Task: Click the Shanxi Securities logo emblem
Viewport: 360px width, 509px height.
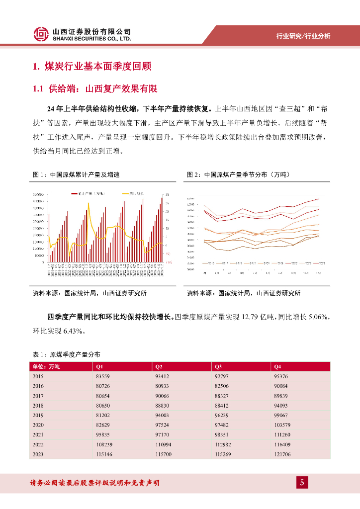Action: pos(42,34)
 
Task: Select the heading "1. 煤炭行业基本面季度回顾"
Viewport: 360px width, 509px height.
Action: pos(91,67)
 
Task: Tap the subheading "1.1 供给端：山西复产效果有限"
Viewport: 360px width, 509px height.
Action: pos(95,89)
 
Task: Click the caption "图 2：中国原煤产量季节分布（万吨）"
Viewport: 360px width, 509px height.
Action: pos(238,174)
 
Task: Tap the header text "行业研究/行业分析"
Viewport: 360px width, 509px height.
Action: pos(303,36)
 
